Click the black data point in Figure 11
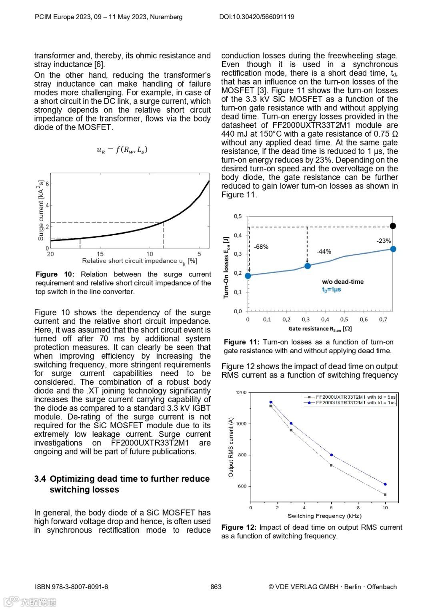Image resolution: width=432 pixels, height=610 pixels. (393, 226)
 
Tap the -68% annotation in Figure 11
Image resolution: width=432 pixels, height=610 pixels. (261, 247)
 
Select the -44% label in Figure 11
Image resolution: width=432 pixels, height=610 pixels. (324, 252)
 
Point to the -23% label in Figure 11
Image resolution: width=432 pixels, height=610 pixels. (384, 241)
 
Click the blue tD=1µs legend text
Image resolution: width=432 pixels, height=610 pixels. (332, 290)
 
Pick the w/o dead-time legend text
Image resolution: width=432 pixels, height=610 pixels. (343, 282)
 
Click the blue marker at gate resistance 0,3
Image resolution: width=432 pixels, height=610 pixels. (307, 266)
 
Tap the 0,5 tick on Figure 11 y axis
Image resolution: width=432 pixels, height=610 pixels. (238, 217)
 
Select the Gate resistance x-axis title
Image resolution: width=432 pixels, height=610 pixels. (320, 329)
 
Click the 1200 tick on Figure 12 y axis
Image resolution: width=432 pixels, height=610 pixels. (241, 393)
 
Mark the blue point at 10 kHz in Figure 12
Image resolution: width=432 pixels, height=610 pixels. (385, 484)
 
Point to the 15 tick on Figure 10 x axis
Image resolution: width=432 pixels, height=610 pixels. (100, 254)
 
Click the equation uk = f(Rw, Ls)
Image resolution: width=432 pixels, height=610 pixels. (122, 150)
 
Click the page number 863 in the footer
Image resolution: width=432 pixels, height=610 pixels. (216, 587)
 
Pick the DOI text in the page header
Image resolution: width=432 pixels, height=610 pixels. (256, 17)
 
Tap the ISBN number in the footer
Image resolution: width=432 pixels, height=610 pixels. (71, 587)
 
